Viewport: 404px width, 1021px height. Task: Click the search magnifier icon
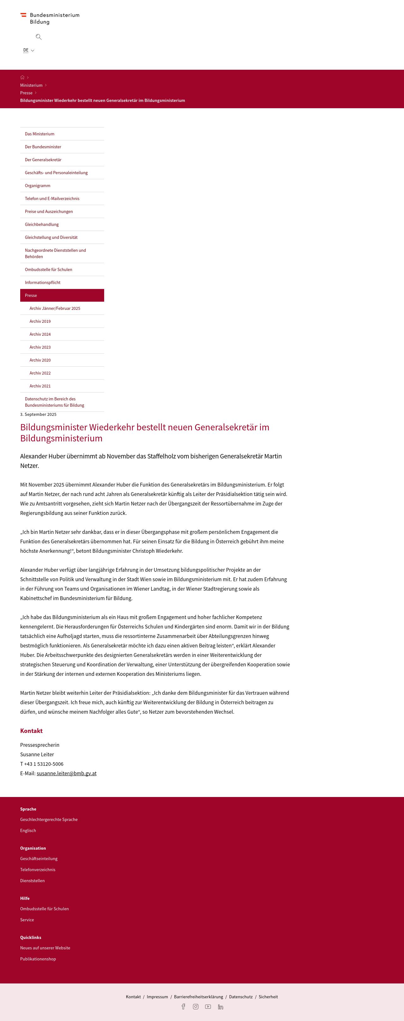(39, 37)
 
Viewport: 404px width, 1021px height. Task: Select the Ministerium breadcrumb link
(31, 85)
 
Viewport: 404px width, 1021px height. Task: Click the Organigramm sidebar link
(38, 186)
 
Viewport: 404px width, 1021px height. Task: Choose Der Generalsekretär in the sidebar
(43, 160)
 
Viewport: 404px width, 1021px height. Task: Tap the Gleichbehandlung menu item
(42, 224)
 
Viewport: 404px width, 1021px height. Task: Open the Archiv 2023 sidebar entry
(40, 347)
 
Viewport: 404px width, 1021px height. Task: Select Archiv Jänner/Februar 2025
(55, 308)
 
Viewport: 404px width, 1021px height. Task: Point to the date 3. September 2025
(39, 414)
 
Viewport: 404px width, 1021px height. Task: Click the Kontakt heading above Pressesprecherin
(31, 730)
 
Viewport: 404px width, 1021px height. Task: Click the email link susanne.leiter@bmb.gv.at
(67, 773)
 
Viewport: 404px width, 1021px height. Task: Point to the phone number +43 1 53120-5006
(44, 764)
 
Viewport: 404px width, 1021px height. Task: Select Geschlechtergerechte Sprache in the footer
(49, 819)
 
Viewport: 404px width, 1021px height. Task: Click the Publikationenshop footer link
(38, 959)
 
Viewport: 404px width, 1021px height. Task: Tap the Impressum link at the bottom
(157, 996)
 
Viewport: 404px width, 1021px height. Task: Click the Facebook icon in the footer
(183, 1006)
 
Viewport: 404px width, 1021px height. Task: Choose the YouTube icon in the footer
(208, 1006)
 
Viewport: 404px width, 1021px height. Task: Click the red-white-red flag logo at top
(23, 15)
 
